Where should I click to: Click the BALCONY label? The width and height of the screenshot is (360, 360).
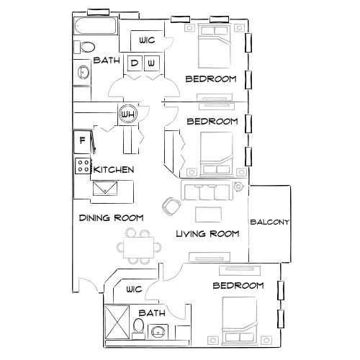coord(269,222)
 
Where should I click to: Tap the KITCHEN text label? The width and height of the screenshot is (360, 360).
coord(114,170)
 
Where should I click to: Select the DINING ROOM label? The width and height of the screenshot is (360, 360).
coord(111,217)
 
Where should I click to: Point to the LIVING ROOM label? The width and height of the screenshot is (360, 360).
coord(207,233)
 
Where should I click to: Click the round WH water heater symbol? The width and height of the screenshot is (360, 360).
coord(128,114)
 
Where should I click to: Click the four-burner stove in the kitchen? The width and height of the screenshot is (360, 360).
coord(83,166)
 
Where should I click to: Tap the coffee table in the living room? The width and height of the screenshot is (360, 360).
coord(208,214)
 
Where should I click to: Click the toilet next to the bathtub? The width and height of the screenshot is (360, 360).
coord(86,48)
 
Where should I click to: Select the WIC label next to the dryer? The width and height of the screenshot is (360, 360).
coord(146,40)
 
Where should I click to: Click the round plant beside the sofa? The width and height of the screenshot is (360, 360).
coord(238,188)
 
